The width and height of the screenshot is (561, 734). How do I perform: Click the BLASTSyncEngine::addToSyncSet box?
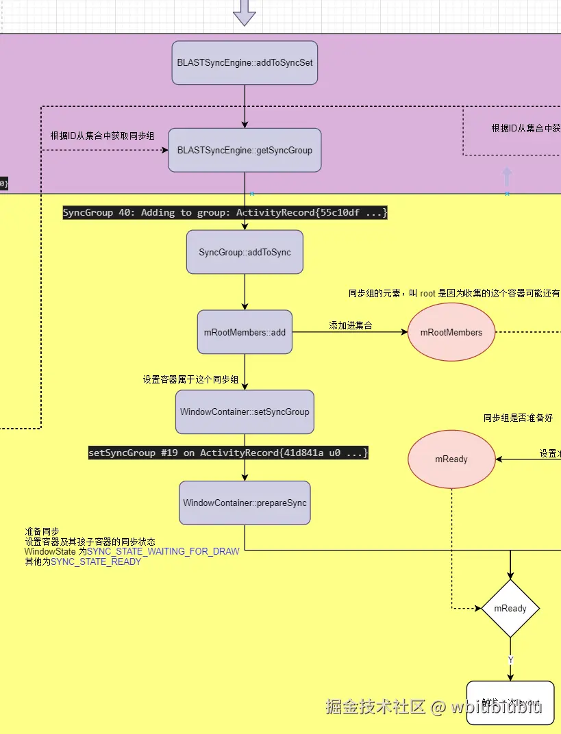point(245,62)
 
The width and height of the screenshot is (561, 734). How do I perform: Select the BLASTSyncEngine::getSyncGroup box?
point(245,150)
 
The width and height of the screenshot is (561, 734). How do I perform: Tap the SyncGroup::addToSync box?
point(245,252)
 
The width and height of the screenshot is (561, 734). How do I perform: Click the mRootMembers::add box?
point(245,332)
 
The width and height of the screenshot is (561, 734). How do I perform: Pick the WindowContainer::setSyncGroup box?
point(245,412)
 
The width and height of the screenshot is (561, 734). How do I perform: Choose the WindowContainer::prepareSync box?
point(245,503)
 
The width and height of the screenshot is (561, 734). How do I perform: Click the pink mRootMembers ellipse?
point(451,332)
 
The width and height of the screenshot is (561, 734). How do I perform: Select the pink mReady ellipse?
point(451,459)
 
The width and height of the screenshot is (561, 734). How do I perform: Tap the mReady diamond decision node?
point(510,608)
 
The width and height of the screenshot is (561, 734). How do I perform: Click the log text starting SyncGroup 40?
point(225,213)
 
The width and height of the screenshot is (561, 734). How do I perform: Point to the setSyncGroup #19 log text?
point(228,453)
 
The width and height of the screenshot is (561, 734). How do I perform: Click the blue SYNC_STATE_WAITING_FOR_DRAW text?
point(163,551)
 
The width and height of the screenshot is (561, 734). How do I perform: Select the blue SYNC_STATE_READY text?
point(96,561)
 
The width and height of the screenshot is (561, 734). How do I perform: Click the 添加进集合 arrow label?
point(351,326)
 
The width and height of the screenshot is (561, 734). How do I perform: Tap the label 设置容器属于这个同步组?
point(190,379)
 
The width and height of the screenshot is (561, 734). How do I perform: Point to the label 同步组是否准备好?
point(518,418)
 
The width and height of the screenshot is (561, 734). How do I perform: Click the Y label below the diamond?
point(510,659)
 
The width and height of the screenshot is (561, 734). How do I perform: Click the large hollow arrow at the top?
point(245,12)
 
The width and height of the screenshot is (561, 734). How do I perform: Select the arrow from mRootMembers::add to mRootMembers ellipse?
point(349,333)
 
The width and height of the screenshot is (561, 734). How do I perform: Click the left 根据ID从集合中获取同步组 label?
point(102,136)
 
